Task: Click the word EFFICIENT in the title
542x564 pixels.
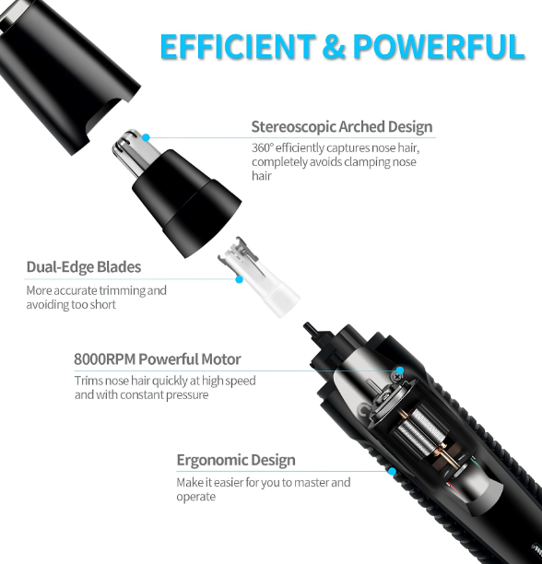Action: click(x=238, y=46)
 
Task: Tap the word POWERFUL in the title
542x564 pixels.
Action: click(x=439, y=46)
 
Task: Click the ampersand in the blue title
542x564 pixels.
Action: click(x=334, y=46)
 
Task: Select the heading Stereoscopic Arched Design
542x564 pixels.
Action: click(x=342, y=126)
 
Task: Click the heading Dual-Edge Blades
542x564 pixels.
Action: click(x=84, y=267)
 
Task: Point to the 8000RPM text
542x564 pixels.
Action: click(x=105, y=359)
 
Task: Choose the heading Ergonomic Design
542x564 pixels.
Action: click(x=236, y=460)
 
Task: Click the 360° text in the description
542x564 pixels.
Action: click(x=262, y=147)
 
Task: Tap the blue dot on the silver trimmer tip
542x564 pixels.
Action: click(x=146, y=137)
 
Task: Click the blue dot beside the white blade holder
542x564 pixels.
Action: click(x=239, y=279)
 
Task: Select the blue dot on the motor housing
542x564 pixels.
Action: click(x=400, y=370)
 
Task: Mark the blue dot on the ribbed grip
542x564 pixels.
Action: click(x=392, y=471)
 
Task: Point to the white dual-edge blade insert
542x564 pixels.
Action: click(x=258, y=277)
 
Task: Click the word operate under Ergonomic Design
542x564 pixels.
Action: click(x=196, y=497)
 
